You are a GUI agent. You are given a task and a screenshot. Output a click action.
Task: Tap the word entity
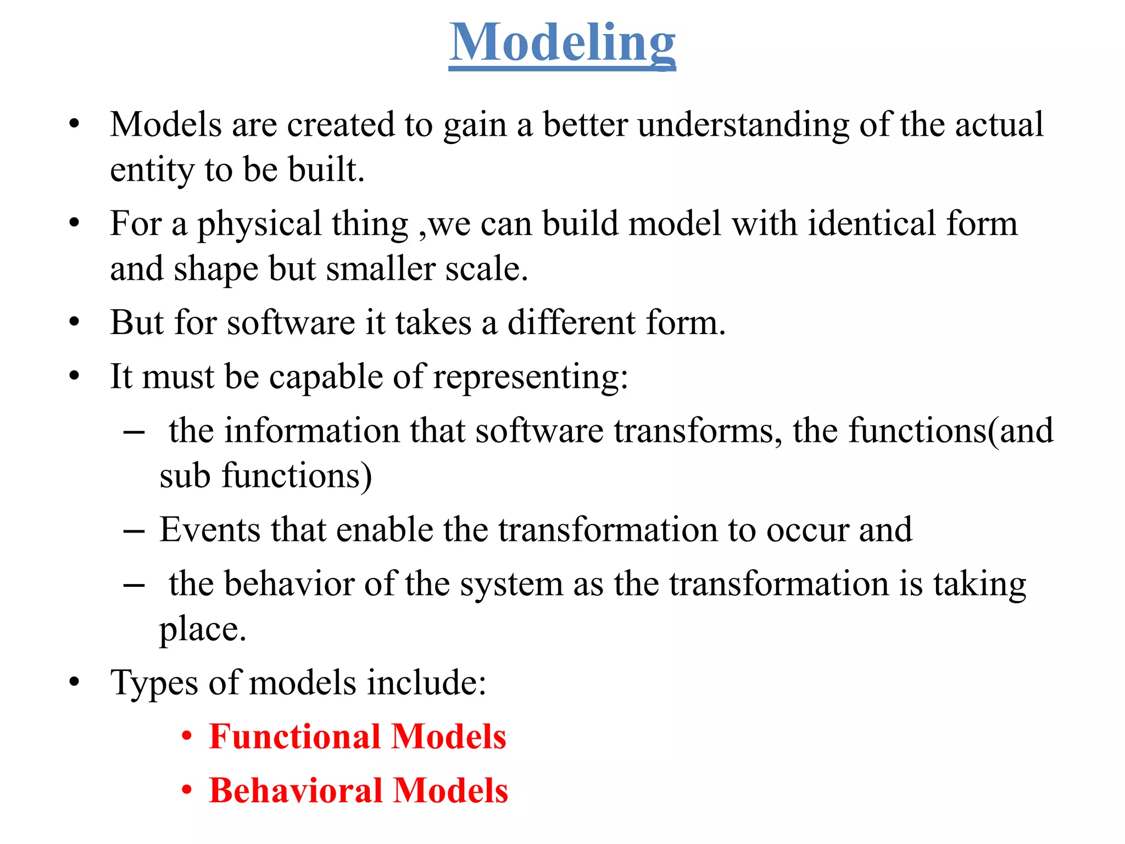click(152, 170)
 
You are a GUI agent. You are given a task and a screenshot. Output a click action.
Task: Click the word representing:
click(530, 377)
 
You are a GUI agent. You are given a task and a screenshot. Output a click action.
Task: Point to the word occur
click(807, 531)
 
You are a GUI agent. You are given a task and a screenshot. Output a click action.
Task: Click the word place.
click(202, 629)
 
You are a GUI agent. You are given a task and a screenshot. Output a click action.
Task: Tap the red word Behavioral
click(296, 791)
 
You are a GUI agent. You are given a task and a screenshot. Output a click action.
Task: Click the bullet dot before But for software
click(75, 323)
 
